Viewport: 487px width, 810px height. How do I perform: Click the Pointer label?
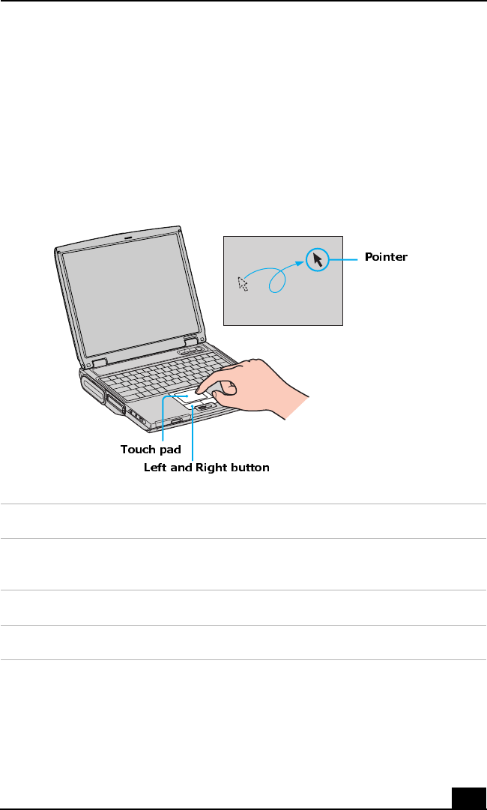click(386, 257)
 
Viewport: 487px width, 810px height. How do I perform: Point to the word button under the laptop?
click(250, 468)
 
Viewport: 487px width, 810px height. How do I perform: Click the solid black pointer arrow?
click(318, 260)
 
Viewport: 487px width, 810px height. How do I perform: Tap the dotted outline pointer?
click(242, 283)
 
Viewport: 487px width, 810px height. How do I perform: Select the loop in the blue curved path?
click(277, 281)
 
